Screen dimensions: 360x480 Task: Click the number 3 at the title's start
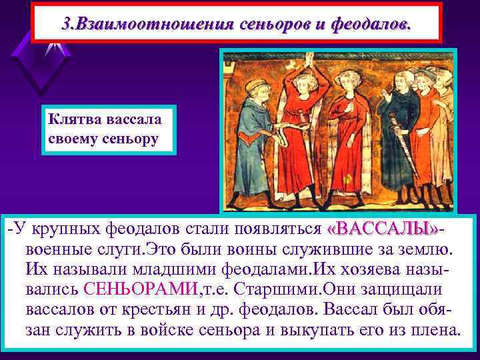click(64, 25)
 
